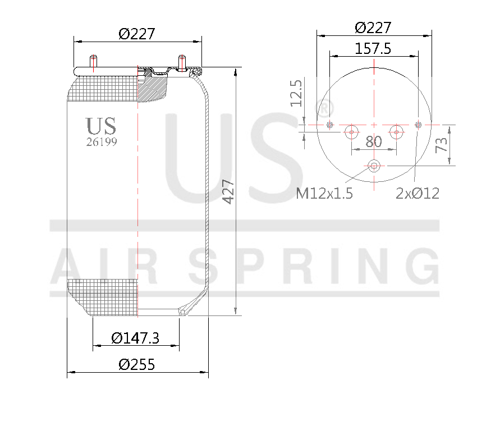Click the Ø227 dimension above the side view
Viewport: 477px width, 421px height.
click(136, 34)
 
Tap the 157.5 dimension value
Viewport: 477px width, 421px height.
click(373, 49)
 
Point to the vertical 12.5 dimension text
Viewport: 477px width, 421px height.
click(296, 93)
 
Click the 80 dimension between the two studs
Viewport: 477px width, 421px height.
click(373, 141)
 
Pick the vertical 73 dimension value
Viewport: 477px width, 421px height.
click(442, 145)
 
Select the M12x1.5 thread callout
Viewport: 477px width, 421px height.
click(324, 194)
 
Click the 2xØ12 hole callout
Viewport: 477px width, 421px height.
click(417, 194)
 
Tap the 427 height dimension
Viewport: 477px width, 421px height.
click(228, 191)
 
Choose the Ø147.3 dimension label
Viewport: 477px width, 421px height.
click(135, 338)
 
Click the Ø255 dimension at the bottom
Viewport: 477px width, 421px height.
click(136, 364)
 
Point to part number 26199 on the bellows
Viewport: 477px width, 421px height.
click(102, 142)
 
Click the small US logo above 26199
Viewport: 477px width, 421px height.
click(101, 125)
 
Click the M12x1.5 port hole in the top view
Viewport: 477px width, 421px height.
click(374, 166)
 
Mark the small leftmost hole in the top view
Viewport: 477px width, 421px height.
click(329, 125)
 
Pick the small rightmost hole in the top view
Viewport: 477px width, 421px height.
click(418, 124)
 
